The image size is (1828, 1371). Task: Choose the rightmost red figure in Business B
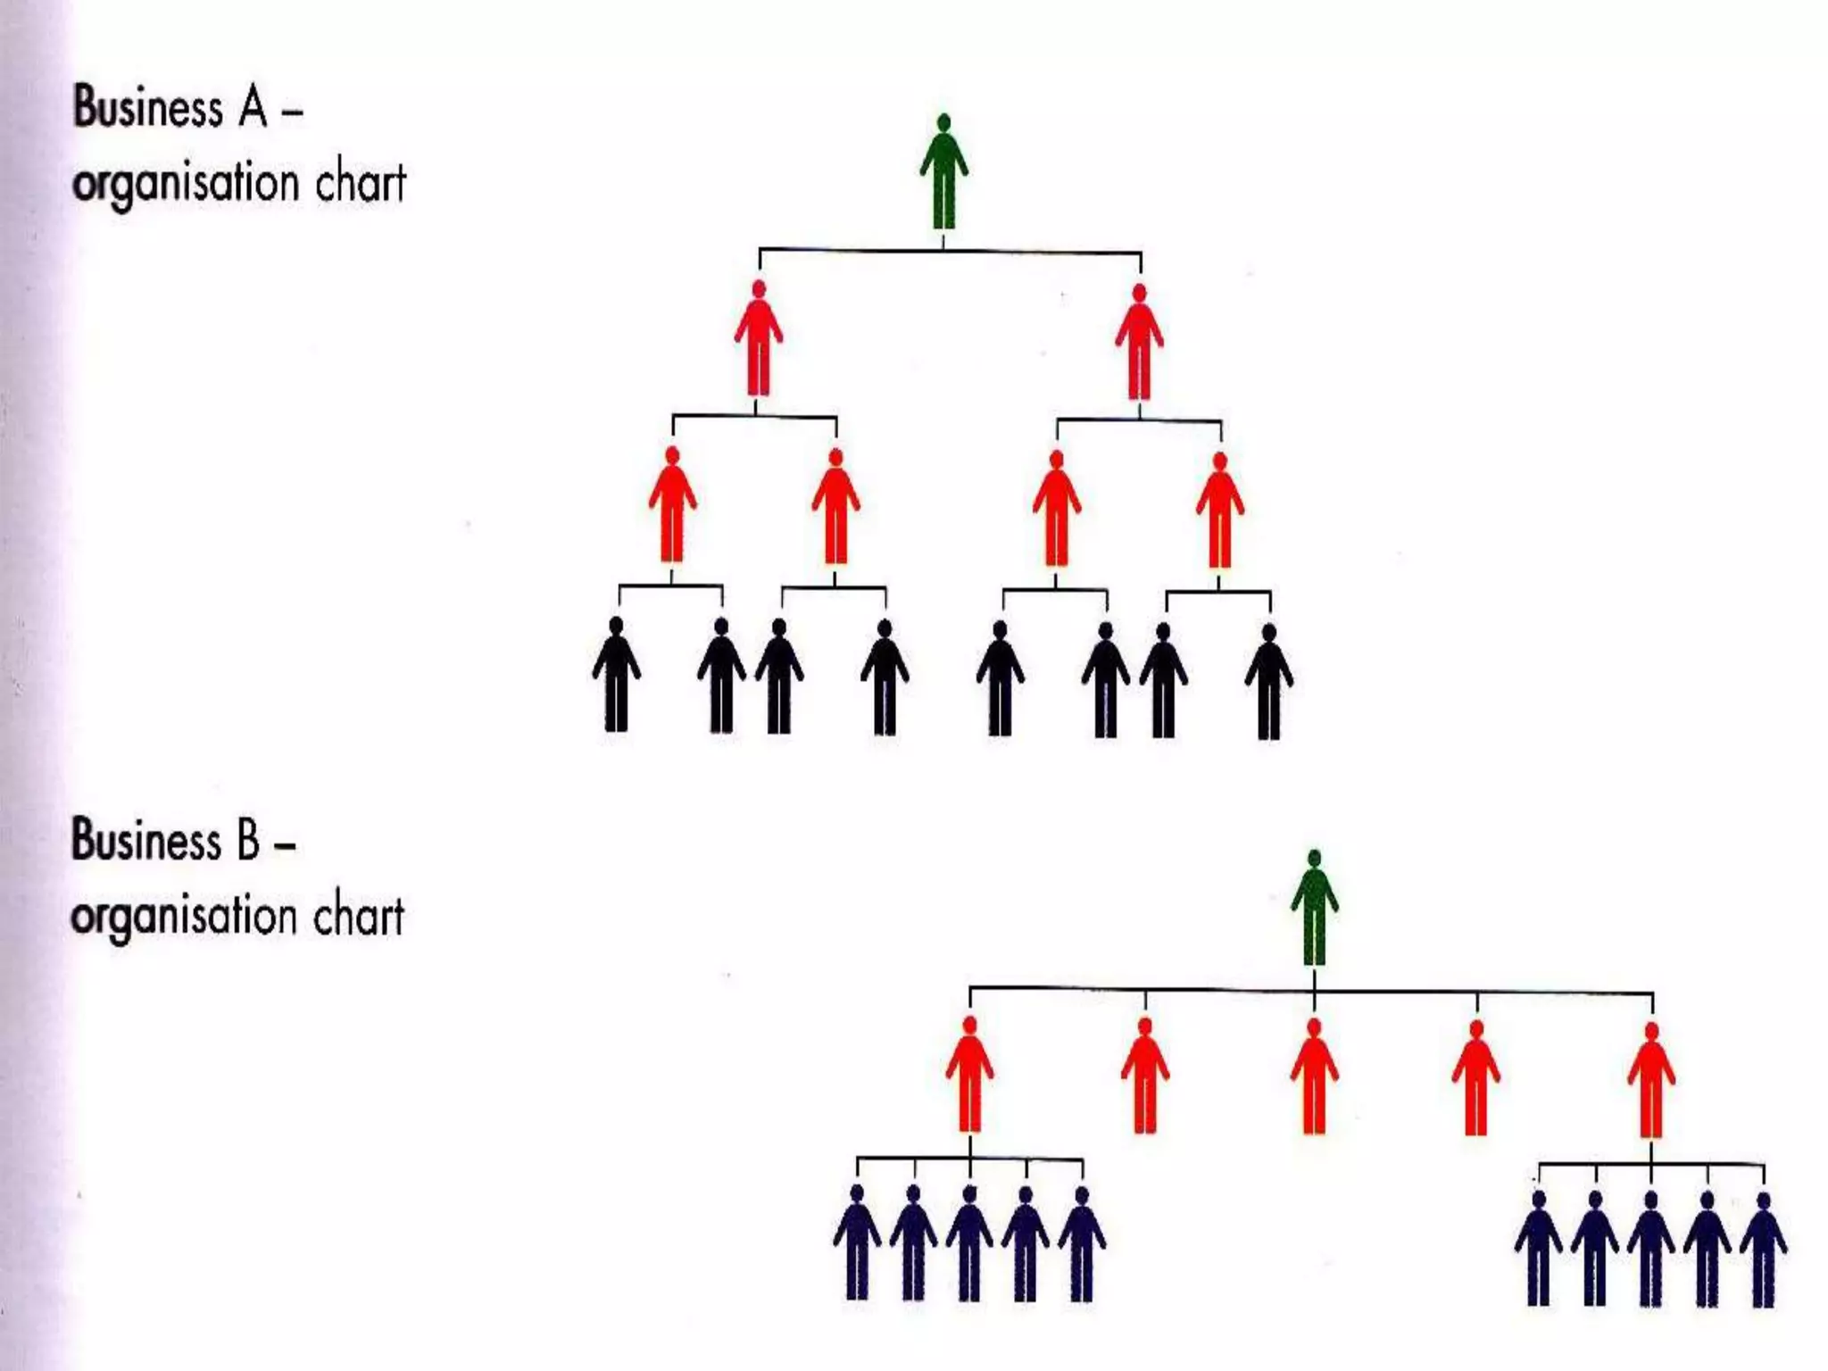point(1651,1079)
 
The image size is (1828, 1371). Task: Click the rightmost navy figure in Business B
point(1764,1249)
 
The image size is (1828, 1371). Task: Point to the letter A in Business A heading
point(253,109)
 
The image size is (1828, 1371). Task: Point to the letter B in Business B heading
point(247,841)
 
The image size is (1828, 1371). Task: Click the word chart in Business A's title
point(361,183)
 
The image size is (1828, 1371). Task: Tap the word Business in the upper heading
point(147,109)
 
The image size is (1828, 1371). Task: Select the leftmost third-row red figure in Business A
point(672,504)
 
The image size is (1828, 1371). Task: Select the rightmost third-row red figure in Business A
point(1220,510)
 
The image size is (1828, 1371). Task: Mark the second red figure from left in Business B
point(1144,1075)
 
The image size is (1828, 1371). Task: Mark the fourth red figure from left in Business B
point(1476,1077)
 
